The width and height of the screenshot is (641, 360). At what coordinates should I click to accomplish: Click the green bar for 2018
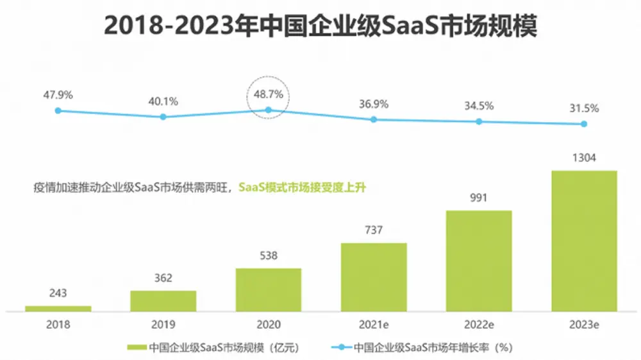click(x=58, y=309)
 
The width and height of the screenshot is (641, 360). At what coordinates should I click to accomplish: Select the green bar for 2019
click(x=163, y=301)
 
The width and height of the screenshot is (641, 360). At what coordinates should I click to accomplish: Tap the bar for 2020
click(x=269, y=290)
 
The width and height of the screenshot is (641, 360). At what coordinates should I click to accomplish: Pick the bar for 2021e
click(x=374, y=277)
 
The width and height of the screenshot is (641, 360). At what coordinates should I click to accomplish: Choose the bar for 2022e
click(x=479, y=261)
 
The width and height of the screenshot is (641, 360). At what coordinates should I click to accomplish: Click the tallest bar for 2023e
click(x=584, y=241)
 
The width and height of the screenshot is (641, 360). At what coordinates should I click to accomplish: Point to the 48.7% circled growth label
click(x=269, y=95)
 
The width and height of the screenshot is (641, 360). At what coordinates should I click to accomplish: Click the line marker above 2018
click(x=58, y=111)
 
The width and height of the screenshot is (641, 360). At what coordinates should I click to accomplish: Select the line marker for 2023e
click(x=584, y=124)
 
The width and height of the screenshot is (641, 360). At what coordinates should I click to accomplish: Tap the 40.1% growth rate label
click(x=163, y=101)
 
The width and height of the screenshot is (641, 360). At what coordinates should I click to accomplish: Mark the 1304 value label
click(x=584, y=158)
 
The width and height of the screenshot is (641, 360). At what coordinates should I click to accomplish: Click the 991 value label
click(x=479, y=198)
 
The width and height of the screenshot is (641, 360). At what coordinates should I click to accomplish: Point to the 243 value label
click(x=58, y=293)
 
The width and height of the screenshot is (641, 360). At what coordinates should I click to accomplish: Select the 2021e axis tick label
click(x=374, y=325)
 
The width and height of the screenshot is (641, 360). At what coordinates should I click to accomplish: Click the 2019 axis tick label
click(x=163, y=325)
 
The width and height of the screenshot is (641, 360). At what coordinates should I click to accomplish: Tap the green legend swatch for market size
click(x=136, y=348)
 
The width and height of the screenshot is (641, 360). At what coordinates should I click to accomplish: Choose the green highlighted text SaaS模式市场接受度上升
click(x=305, y=188)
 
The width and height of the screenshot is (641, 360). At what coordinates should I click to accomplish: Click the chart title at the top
click(x=320, y=26)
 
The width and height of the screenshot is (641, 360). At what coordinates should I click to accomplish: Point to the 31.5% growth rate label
click(x=584, y=108)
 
